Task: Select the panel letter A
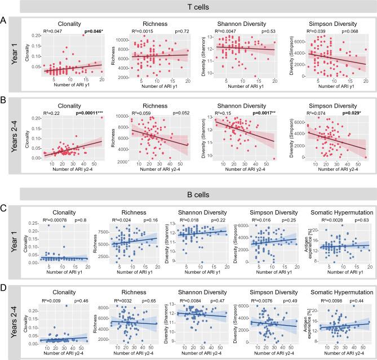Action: click(5, 20)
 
